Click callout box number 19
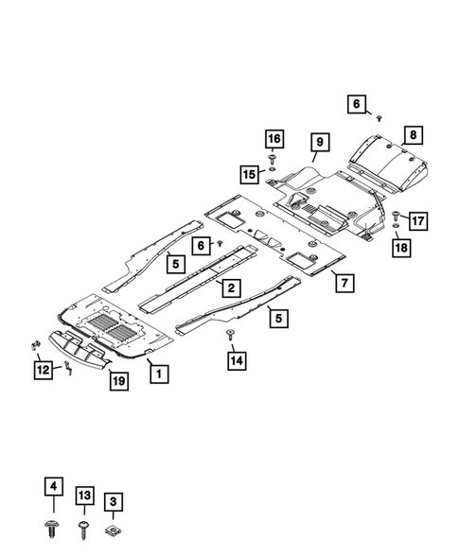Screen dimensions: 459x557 click(x=118, y=381)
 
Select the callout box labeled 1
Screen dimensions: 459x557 click(x=159, y=374)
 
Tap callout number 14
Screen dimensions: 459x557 click(x=237, y=360)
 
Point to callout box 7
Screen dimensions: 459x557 click(x=344, y=283)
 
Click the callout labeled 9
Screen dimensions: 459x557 click(x=320, y=142)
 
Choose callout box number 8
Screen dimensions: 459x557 click(x=414, y=134)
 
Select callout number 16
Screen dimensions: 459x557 click(x=274, y=138)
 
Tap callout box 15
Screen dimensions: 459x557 click(x=249, y=174)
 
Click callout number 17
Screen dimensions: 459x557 click(x=418, y=220)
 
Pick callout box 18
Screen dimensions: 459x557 click(x=401, y=247)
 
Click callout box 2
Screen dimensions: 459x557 click(x=231, y=287)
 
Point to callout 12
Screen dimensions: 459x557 click(x=43, y=370)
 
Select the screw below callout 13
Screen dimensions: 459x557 click(x=84, y=530)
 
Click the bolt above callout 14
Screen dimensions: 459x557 click(x=231, y=334)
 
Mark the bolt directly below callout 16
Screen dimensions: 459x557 click(x=273, y=159)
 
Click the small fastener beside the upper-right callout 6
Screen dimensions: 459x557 click(x=380, y=118)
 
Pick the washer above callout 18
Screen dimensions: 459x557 click(x=396, y=226)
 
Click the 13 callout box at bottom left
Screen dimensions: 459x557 click(x=84, y=496)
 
